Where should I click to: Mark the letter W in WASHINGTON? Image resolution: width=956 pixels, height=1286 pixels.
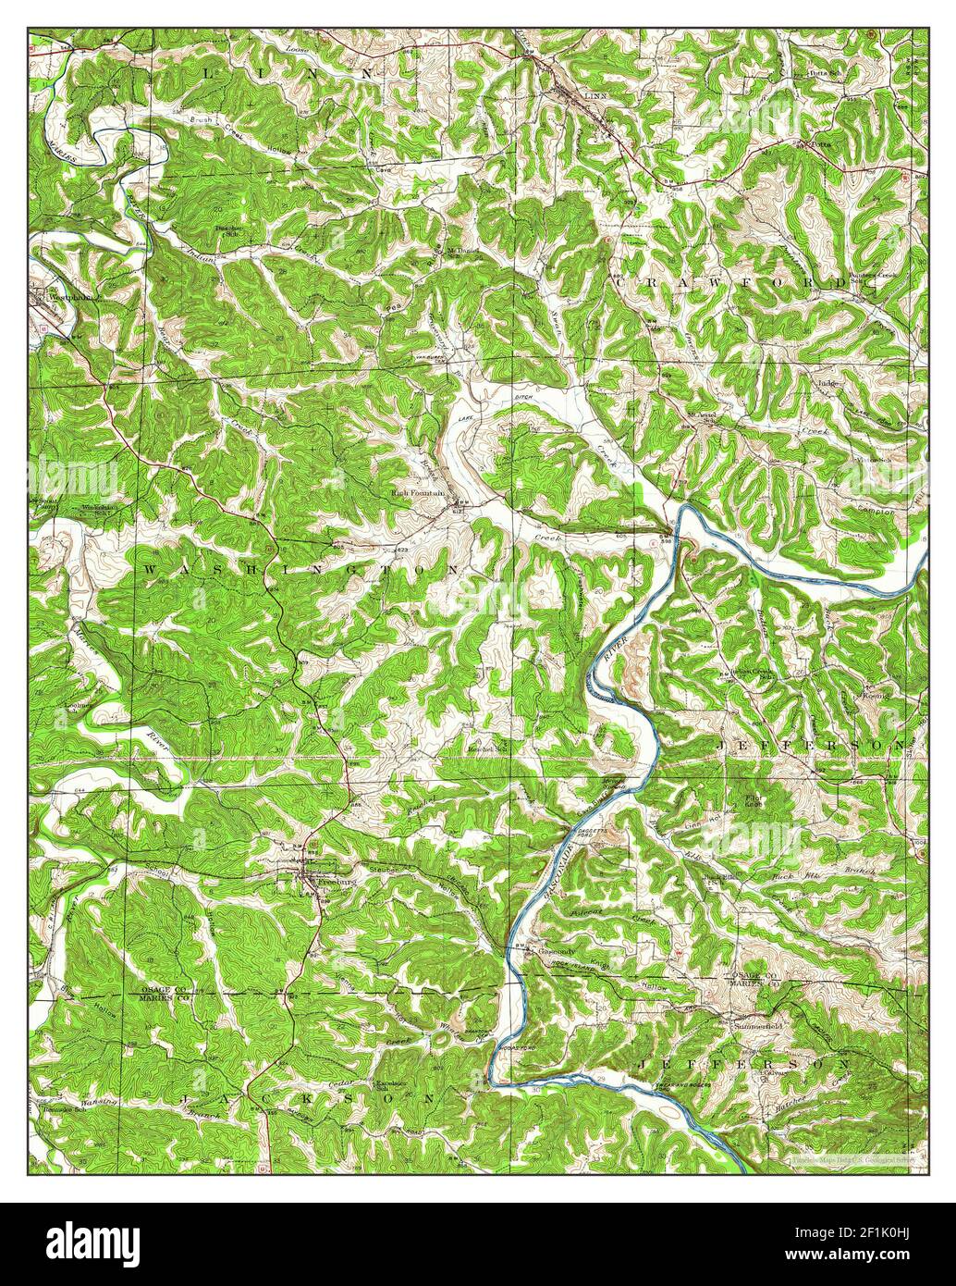pos(150,571)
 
